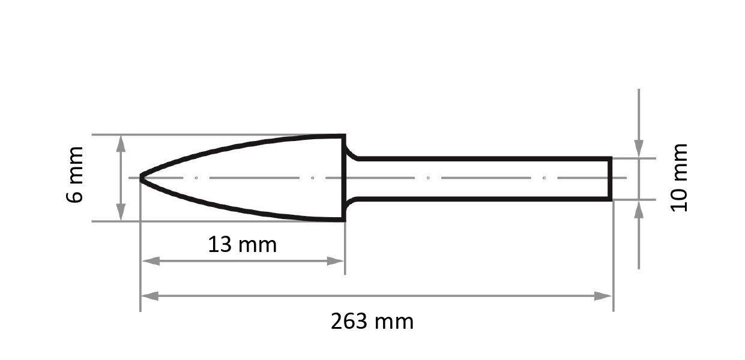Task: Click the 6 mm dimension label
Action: click(x=75, y=175)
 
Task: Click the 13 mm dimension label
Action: click(x=242, y=245)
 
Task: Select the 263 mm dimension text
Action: click(x=372, y=322)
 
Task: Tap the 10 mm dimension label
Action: click(x=678, y=177)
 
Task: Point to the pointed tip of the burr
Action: click(x=142, y=178)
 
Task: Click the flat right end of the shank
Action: click(x=611, y=178)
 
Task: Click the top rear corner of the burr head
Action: click(x=344, y=136)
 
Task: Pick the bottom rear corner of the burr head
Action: click(x=344, y=220)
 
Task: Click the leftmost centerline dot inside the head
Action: click(x=196, y=178)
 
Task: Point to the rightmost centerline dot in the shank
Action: click(x=544, y=178)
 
